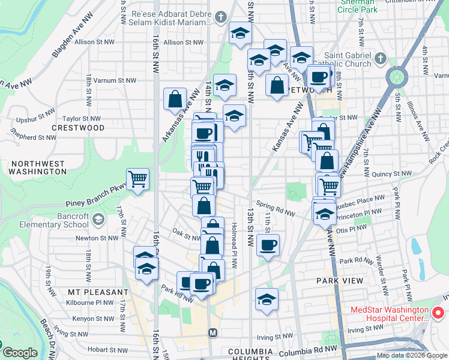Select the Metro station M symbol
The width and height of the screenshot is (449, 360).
coord(212,332)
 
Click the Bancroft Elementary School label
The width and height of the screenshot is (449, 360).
coord(56,220)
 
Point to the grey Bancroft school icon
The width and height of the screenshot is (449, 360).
coord(97,220)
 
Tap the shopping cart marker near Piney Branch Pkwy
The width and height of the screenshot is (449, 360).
coord(137,179)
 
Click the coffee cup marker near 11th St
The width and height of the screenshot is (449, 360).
coord(267,245)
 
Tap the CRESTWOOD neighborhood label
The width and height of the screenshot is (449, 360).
coord(78,128)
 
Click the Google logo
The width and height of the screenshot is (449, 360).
coord(20,353)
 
